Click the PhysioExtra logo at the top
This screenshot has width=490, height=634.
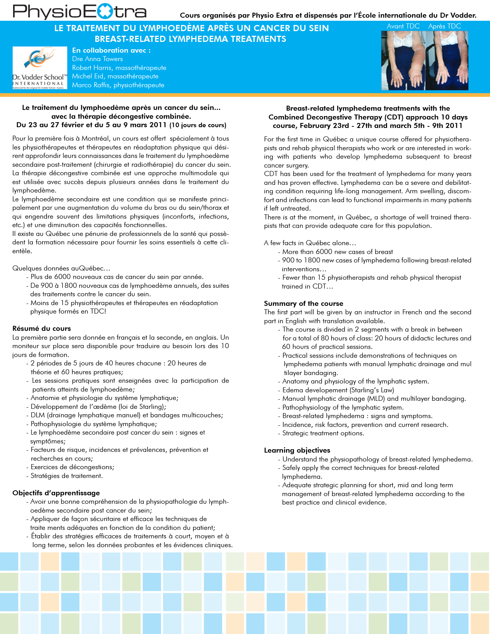tap(80, 12)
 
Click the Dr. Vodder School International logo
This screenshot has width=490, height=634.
tap(40, 68)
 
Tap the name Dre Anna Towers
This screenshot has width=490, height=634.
tap(98, 59)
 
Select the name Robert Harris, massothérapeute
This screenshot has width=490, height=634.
tap(119, 68)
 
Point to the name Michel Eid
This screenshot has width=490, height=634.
tap(115, 76)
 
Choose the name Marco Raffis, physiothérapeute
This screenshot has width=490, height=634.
tap(118, 85)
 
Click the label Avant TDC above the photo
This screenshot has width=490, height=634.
tap(403, 26)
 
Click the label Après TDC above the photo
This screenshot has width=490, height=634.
tap(444, 26)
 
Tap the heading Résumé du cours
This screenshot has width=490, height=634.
tap(42, 329)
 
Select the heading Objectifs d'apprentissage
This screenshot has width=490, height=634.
tap(56, 493)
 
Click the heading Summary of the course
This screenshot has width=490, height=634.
tap(304, 304)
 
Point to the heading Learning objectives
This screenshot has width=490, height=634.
tap(297, 450)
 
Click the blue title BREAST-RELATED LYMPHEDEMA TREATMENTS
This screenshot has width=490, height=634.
tap(190, 39)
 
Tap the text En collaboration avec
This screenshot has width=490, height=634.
tap(111, 50)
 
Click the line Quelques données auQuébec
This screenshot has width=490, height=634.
tap(61, 268)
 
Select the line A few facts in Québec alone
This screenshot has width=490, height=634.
tap(310, 243)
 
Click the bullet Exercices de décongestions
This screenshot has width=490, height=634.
tap(72, 467)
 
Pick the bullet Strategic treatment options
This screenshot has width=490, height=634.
tap(323, 433)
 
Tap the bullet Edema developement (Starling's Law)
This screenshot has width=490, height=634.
tap(338, 390)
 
